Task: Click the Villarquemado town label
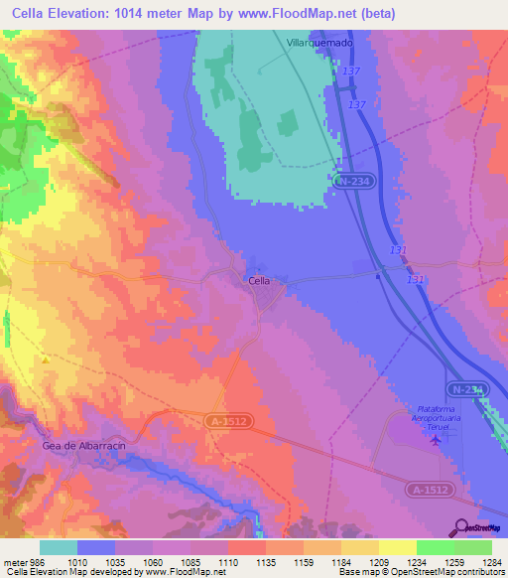coord(318,44)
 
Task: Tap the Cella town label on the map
coord(258,281)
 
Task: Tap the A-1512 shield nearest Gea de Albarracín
coord(228,421)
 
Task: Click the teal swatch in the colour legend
coord(59,546)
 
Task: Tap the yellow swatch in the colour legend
coord(398,546)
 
